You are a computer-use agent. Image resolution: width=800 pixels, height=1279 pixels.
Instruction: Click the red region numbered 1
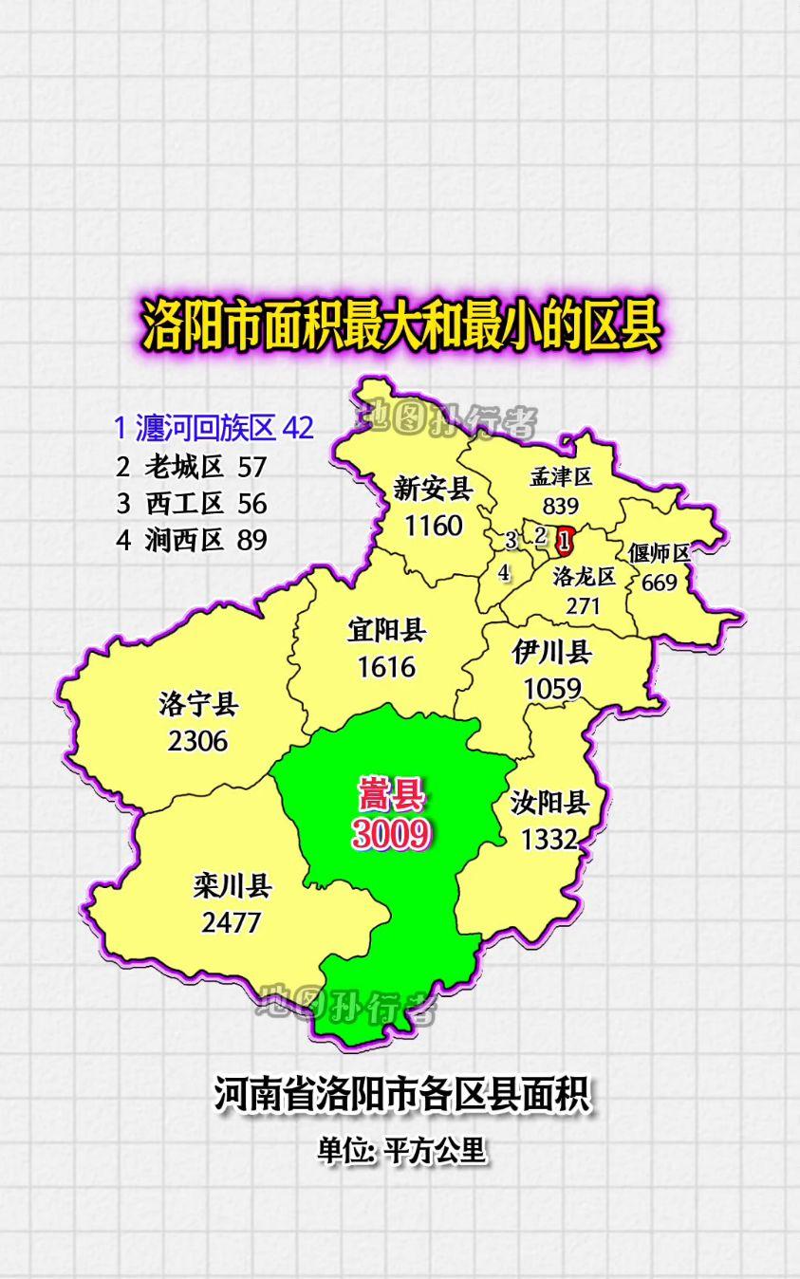(566, 542)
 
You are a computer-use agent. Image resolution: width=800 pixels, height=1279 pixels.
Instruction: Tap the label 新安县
(433, 489)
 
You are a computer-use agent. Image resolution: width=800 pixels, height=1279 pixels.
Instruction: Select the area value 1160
(433, 525)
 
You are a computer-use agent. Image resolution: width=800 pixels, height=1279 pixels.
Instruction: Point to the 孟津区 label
(561, 476)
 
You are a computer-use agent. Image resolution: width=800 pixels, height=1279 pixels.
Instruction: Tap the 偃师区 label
(659, 552)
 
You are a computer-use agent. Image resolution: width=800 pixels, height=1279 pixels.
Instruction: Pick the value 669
(660, 582)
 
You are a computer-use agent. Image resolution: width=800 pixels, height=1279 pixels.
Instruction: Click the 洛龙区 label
(584, 576)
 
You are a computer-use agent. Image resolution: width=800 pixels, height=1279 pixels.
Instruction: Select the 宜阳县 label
(386, 629)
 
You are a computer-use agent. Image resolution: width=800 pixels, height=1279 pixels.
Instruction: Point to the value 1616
(386, 666)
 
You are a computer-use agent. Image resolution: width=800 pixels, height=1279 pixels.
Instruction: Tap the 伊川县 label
(551, 653)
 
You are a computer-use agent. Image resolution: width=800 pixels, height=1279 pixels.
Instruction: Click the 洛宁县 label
(198, 704)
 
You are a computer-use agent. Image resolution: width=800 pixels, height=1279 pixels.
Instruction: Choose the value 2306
(198, 740)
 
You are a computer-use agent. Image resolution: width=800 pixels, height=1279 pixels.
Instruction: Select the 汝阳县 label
(549, 803)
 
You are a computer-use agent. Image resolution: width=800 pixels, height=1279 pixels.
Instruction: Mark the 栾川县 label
(232, 886)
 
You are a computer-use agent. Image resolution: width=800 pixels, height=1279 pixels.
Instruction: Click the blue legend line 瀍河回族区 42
(214, 428)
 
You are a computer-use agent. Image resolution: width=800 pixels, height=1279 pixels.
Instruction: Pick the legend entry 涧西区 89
(193, 540)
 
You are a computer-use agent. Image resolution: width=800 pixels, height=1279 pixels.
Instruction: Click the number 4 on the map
(504, 572)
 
